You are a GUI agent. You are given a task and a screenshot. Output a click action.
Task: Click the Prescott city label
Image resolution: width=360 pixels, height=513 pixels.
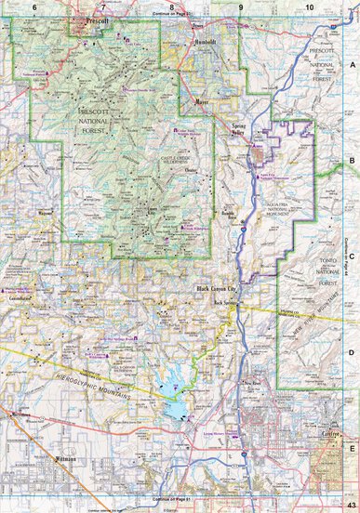click(x=96, y=19)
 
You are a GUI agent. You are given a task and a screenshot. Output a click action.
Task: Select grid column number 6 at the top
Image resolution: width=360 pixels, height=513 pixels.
click(x=34, y=7)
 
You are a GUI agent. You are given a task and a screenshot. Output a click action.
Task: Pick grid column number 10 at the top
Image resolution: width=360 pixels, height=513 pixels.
click(x=308, y=7)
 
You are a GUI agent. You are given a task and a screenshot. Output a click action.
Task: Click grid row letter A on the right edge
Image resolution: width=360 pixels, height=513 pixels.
click(x=353, y=65)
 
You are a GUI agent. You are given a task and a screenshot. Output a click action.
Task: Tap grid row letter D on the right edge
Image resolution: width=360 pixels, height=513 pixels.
click(x=353, y=352)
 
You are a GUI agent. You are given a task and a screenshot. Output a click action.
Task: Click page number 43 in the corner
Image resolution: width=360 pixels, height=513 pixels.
click(x=351, y=505)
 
